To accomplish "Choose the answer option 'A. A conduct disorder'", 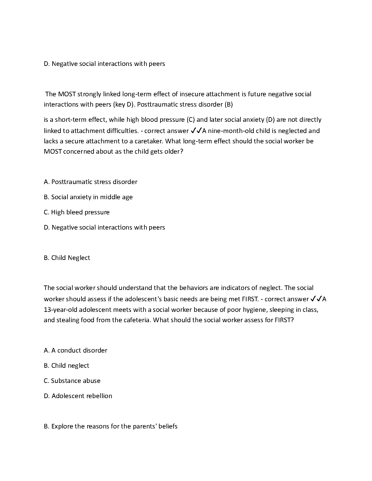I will click(x=75, y=350).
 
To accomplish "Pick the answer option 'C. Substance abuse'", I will click(x=72, y=381).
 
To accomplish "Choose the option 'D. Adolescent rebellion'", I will click(x=78, y=396).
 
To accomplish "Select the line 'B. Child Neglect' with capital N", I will click(x=67, y=258).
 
